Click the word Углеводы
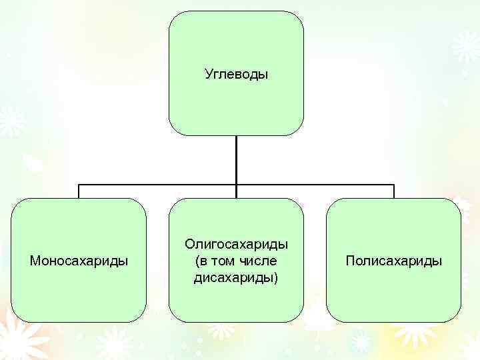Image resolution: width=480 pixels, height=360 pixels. pos(236,74)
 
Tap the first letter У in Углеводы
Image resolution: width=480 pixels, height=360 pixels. pos(207,74)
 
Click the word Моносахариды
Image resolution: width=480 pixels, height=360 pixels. pos(79,261)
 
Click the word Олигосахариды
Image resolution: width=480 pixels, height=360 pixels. pos(236,245)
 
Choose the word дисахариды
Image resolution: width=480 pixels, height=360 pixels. pos(233,277)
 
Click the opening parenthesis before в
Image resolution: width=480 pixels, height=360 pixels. pos(197,261)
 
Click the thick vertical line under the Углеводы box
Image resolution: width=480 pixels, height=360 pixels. pos(236,160)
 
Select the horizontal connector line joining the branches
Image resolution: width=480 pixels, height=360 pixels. pos(160,185)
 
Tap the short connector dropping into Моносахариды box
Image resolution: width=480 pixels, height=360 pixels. pos(79,191)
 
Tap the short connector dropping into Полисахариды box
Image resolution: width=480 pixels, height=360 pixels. pos(394,191)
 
